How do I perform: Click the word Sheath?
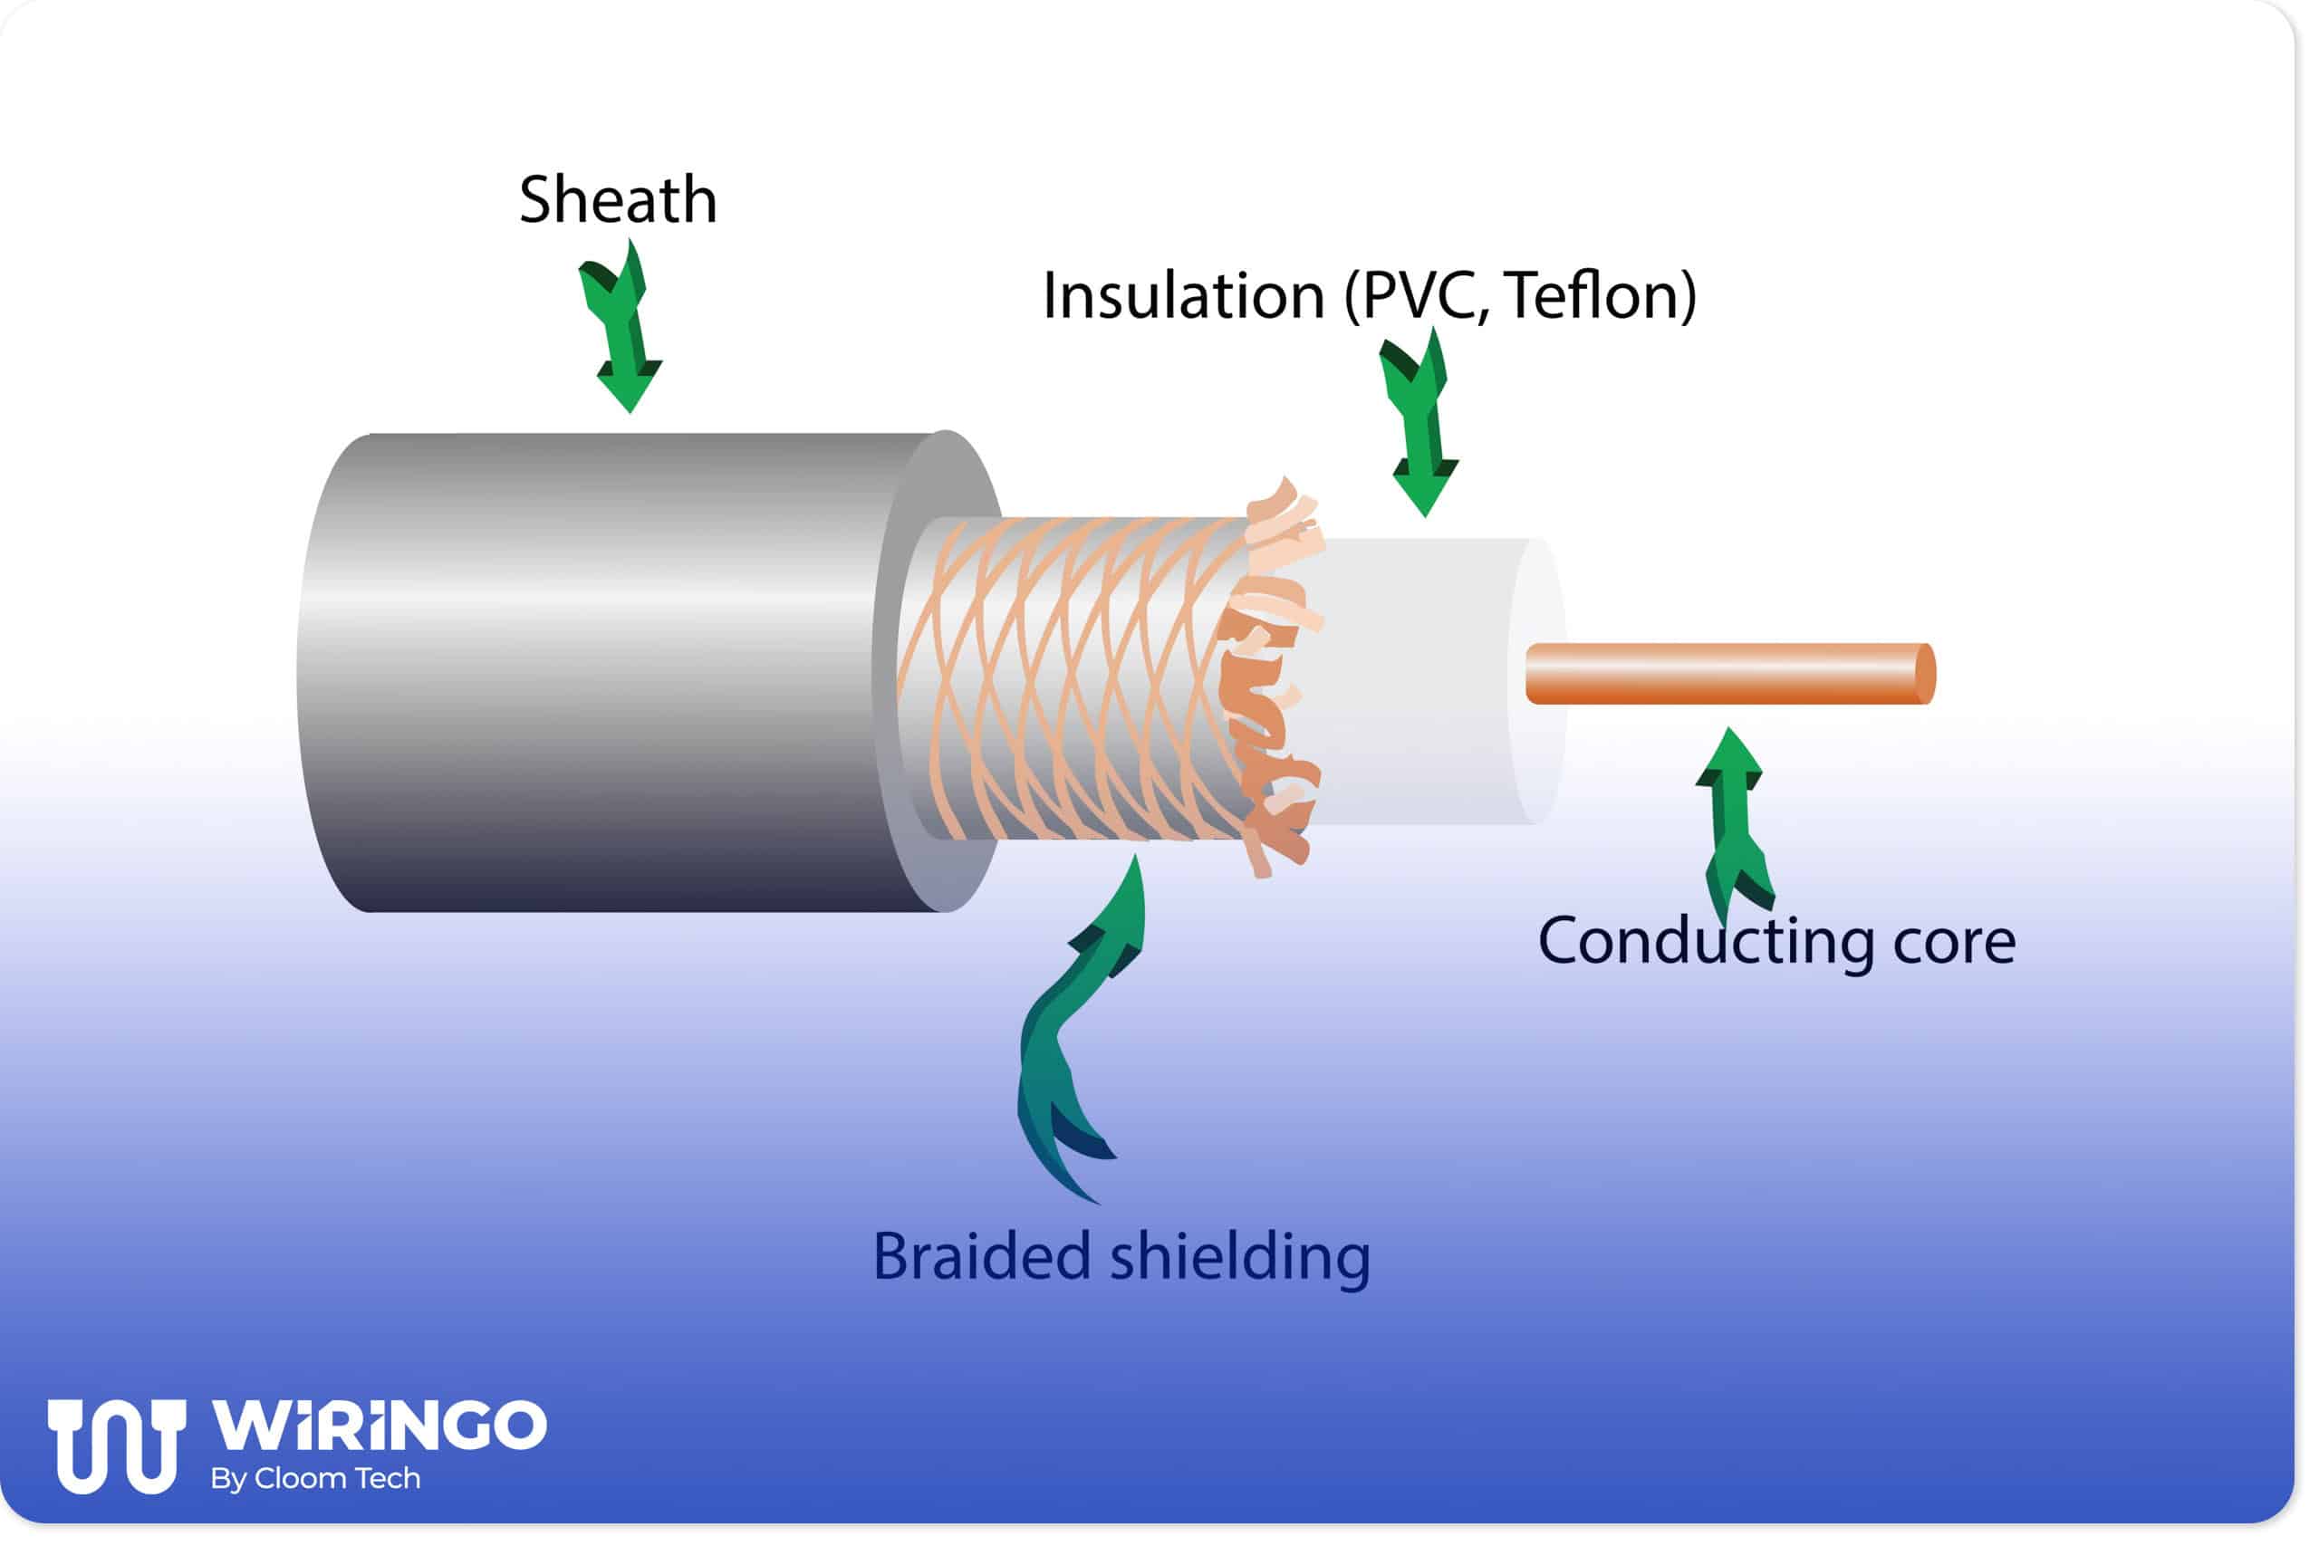617,201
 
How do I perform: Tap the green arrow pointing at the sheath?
621,331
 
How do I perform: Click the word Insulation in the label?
1183,296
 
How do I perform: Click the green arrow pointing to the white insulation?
1419,424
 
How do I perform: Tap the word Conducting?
1706,942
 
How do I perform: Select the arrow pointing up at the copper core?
1732,819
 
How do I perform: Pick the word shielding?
1240,1257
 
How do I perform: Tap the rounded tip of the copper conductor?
1924,674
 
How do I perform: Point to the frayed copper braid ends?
1272,680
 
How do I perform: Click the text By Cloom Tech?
315,1478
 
